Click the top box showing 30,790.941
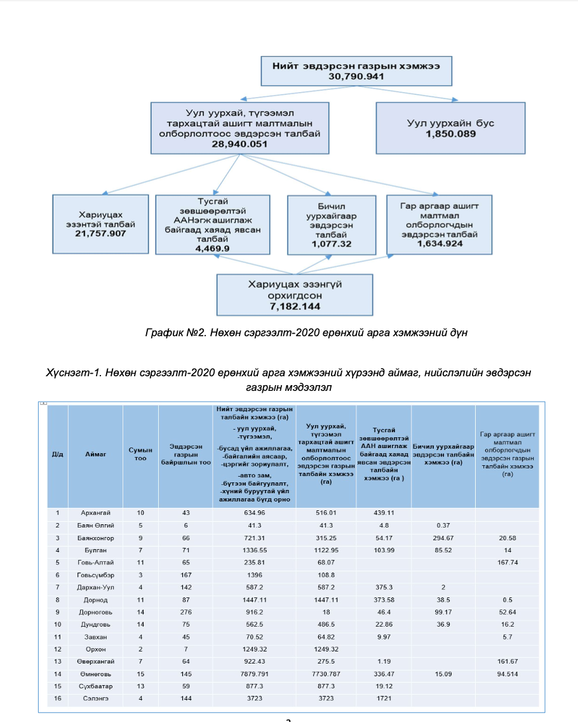pyautogui.click(x=356, y=71)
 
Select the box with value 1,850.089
pyautogui.click(x=450, y=128)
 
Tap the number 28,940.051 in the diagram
pyautogui.click(x=239, y=144)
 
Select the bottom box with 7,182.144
pyautogui.click(x=294, y=294)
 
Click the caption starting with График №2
pyautogui.click(x=306, y=333)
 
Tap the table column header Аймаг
pyautogui.click(x=96, y=454)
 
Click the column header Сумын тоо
pyautogui.click(x=140, y=454)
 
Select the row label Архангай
pyautogui.click(x=96, y=512)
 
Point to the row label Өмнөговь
pyautogui.click(x=96, y=672)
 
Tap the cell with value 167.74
pyautogui.click(x=507, y=562)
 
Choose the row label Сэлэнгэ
pyautogui.click(x=96, y=698)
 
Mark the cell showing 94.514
pyautogui.click(x=507, y=672)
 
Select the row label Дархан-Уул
pyautogui.click(x=96, y=587)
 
